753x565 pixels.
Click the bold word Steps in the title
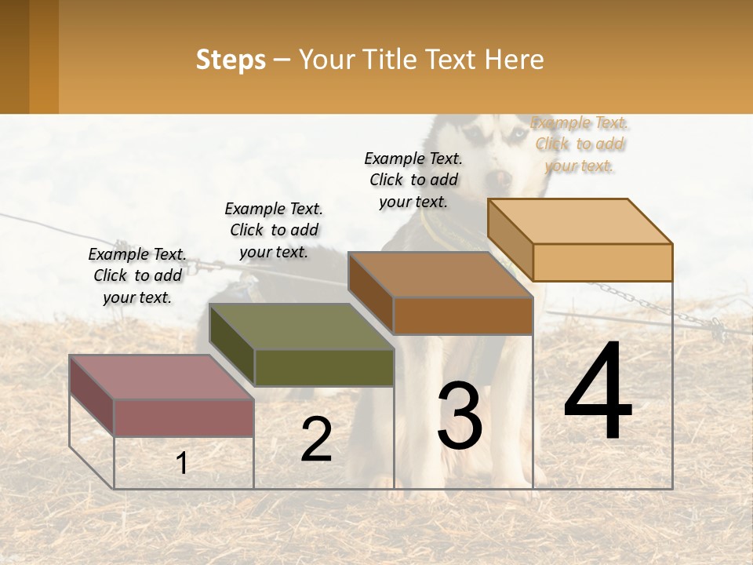[231, 60]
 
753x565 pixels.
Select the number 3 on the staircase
[460, 417]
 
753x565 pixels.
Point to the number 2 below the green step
[316, 439]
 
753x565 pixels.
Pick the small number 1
[182, 463]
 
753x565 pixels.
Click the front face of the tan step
[602, 262]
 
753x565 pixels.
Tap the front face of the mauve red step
[184, 417]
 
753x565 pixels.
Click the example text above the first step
[137, 275]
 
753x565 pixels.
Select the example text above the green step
[274, 230]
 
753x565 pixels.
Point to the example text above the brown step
[413, 180]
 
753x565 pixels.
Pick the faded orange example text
[579, 144]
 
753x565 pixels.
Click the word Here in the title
[514, 60]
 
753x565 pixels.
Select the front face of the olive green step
[324, 367]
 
